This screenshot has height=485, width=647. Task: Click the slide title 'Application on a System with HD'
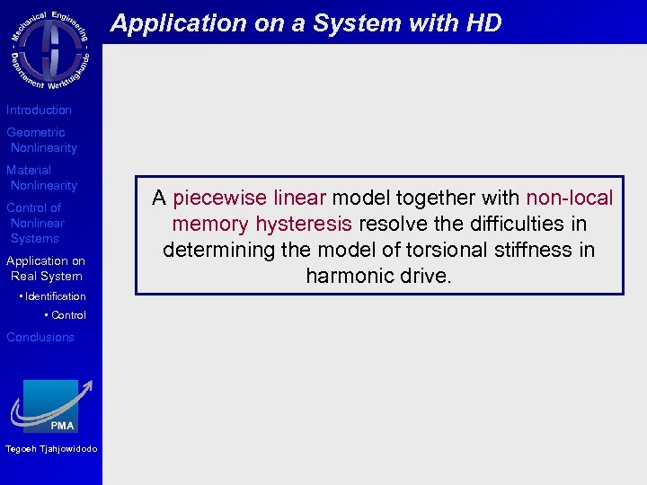[x=306, y=23]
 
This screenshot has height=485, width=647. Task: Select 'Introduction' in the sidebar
[x=39, y=110]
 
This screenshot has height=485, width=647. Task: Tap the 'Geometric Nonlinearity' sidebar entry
[x=41, y=140]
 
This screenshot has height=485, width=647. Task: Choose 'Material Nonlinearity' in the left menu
[x=41, y=178]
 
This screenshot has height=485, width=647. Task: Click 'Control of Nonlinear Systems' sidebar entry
[x=36, y=223]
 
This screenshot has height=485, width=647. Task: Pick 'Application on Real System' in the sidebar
[x=45, y=269]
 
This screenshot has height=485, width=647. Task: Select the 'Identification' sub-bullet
[x=55, y=296]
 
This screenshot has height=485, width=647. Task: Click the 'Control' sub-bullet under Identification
[x=68, y=315]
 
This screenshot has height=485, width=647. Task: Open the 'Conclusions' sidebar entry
[x=40, y=337]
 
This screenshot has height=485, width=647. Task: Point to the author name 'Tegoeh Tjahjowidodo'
[x=50, y=449]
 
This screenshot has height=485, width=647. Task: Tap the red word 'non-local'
[x=569, y=198]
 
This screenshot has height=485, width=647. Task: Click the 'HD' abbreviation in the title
[x=483, y=23]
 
